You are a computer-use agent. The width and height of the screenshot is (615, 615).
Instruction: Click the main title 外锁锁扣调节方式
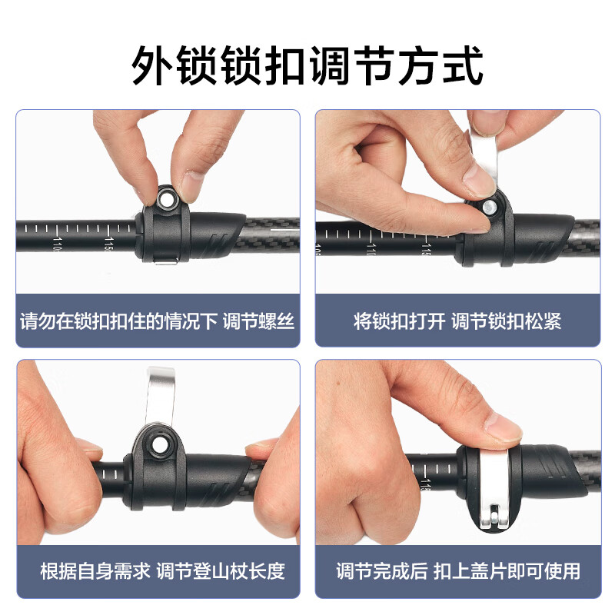(307, 65)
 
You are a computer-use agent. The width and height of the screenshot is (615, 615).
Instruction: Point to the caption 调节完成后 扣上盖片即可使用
(457, 571)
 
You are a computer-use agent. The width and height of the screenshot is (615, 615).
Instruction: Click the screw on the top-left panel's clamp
(165, 200)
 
